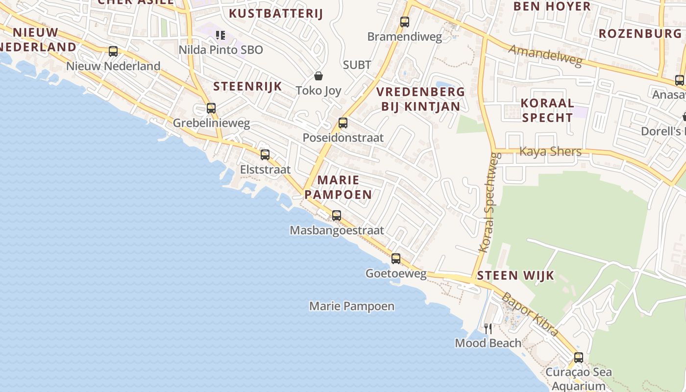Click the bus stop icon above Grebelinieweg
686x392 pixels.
click(x=211, y=108)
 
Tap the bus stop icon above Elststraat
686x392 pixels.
click(x=265, y=155)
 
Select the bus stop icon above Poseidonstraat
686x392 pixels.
click(x=343, y=123)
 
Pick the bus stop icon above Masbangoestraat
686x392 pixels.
click(x=337, y=215)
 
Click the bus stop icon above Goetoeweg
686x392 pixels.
click(x=396, y=258)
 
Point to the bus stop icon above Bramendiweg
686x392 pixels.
click(x=405, y=22)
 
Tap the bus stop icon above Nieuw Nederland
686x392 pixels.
click(x=113, y=51)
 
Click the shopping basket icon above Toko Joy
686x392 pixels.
click(x=318, y=76)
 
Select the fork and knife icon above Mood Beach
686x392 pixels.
click(x=488, y=328)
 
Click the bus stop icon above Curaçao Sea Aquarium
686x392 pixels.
click(x=579, y=357)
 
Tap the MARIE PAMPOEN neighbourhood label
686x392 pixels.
click(x=338, y=187)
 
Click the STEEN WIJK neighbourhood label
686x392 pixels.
click(x=515, y=275)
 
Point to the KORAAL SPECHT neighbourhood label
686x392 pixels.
click(x=547, y=110)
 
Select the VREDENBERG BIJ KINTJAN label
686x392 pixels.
click(x=420, y=99)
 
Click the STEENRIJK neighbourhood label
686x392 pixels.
click(x=247, y=87)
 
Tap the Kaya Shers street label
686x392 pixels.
click(x=550, y=151)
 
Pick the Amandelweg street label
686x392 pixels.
click(x=545, y=55)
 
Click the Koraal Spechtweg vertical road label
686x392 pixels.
click(x=489, y=202)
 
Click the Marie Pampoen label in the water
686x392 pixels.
click(x=352, y=306)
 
